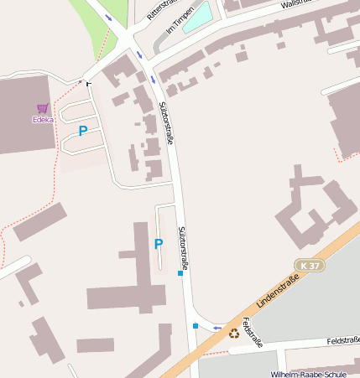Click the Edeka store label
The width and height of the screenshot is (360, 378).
coord(43,119)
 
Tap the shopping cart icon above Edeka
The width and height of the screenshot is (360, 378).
coord(43,108)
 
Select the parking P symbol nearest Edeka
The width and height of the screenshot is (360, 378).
coord(82,131)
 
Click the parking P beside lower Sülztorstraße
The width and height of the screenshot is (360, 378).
coord(158,244)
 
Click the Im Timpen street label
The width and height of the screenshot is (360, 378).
coord(180,21)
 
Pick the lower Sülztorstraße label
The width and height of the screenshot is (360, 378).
coord(182,248)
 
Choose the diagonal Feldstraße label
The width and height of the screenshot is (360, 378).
coord(253,332)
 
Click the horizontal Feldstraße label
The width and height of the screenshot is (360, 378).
coord(343,341)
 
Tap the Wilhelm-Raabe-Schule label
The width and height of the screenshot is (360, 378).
coord(308,374)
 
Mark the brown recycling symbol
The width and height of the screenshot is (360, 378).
coord(234,334)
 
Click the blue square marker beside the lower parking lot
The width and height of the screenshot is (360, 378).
coord(180,273)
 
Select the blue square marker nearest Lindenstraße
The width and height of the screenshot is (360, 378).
coord(196,325)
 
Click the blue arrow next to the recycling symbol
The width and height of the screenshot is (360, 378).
coord(217,329)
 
